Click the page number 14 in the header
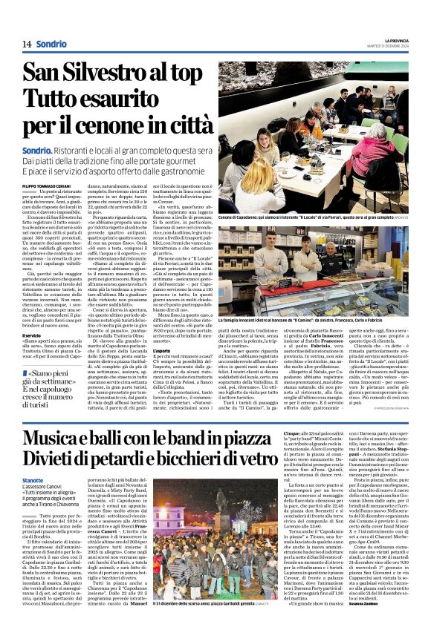tap(19, 44)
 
